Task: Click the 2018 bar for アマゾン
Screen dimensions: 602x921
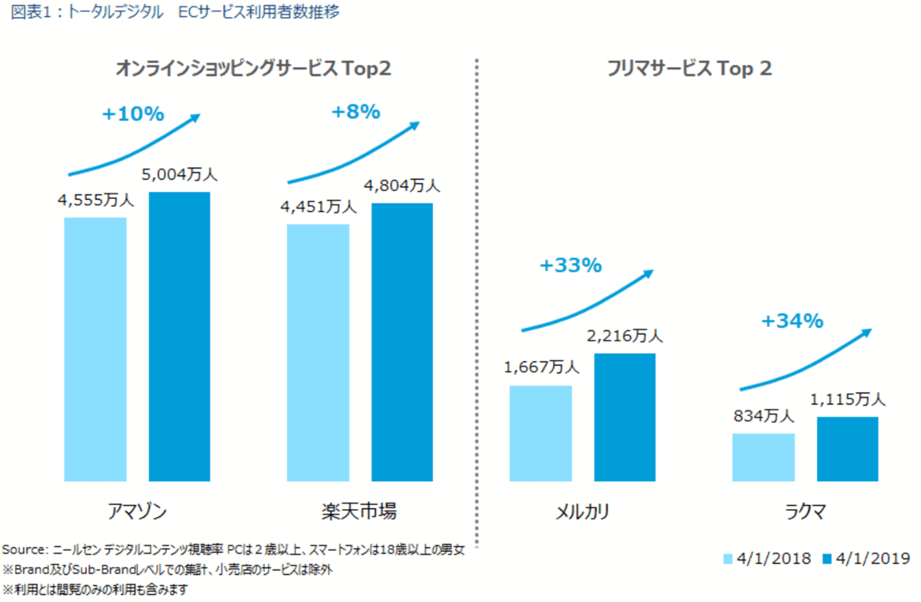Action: [96, 349]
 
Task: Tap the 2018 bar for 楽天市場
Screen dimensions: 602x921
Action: [318, 353]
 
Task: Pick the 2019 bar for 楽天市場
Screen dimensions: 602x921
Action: [402, 342]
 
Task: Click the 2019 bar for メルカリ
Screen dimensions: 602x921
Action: [625, 417]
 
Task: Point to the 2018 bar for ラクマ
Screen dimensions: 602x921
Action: [763, 457]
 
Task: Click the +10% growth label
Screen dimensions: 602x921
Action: [133, 114]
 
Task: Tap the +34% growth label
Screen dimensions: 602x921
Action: [792, 320]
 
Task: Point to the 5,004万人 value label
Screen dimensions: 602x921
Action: [179, 176]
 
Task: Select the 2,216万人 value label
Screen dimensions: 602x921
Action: [625, 336]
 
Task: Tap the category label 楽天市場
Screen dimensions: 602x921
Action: [359, 512]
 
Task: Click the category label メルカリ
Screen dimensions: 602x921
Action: [583, 512]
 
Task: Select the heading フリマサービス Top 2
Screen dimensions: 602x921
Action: [689, 69]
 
